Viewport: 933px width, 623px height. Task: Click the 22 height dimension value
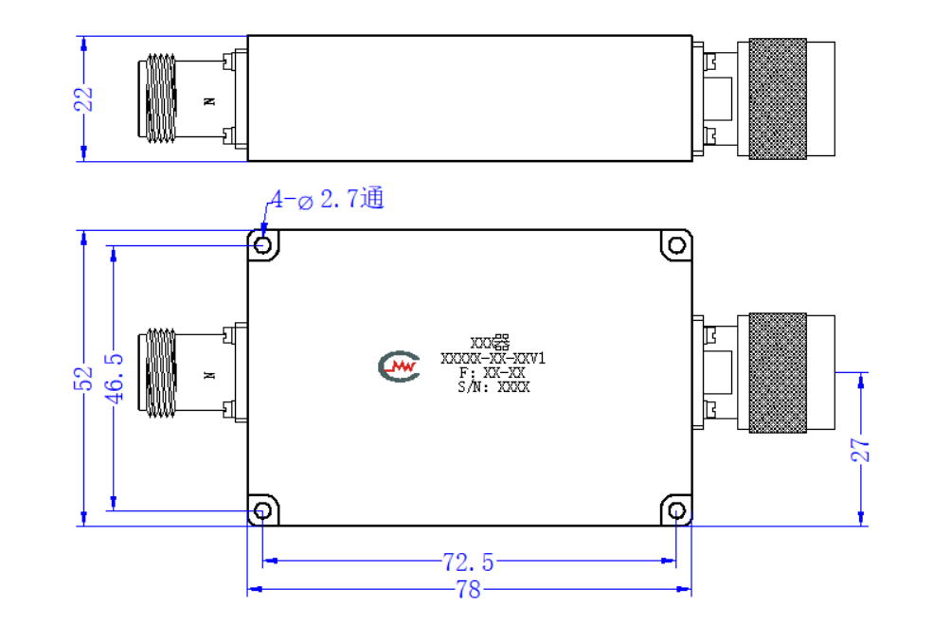point(84,98)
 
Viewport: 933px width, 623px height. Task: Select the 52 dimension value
point(83,379)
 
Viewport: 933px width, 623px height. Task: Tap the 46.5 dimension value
point(115,379)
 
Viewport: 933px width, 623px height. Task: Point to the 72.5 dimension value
point(468,562)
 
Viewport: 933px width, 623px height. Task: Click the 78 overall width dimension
point(468,590)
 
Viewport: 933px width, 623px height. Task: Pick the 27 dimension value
point(860,450)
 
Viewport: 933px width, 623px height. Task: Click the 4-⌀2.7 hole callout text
point(328,199)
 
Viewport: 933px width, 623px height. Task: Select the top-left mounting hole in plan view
point(262,245)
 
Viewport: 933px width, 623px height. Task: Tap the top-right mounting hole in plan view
point(676,245)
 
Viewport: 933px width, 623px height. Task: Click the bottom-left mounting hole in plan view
point(262,510)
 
